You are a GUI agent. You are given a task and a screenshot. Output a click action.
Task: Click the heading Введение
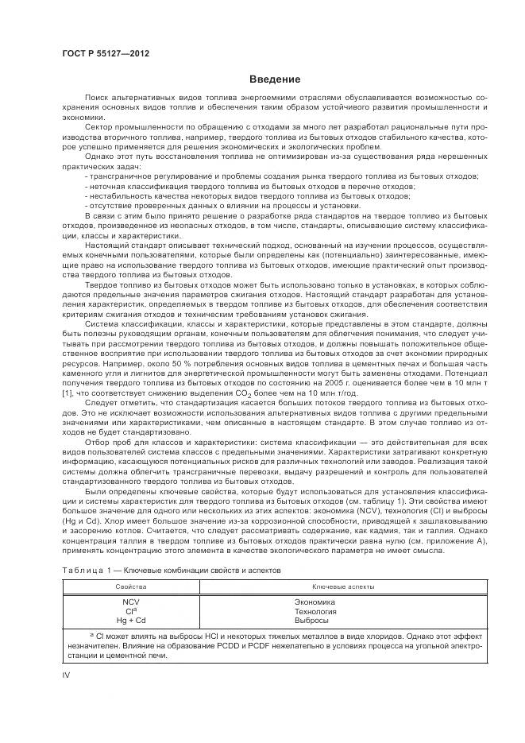(x=275, y=79)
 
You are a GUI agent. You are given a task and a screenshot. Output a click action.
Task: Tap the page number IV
(x=67, y=675)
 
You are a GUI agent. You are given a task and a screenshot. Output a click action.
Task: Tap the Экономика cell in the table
(x=315, y=602)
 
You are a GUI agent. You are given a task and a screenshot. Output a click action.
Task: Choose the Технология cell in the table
(x=315, y=610)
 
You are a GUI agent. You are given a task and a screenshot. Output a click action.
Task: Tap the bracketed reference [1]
(x=68, y=393)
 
